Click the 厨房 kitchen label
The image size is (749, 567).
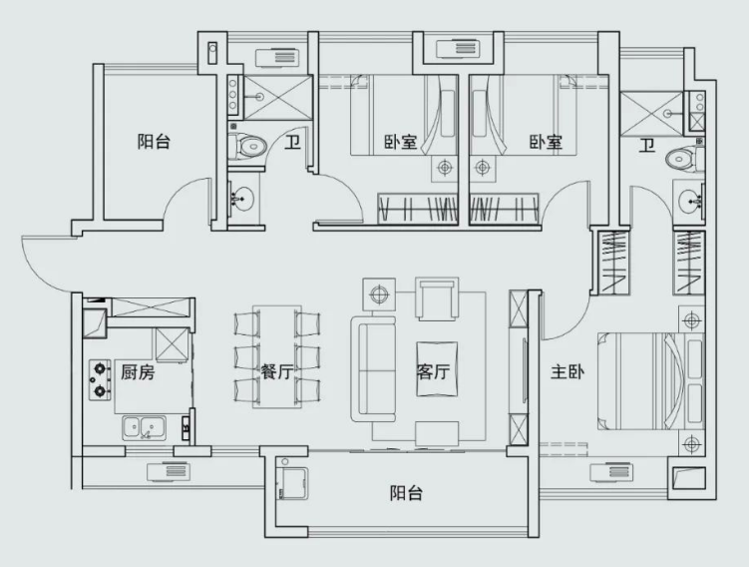(x=138, y=372)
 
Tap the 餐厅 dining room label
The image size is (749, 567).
(x=277, y=371)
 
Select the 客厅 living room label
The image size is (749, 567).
(x=433, y=371)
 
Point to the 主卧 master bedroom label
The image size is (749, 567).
(x=567, y=371)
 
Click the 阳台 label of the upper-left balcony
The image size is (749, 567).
(x=154, y=142)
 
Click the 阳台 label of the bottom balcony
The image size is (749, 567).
(x=406, y=493)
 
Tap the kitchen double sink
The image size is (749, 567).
(x=144, y=428)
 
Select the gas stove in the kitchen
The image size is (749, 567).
(x=100, y=379)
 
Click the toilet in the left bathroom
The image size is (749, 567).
(x=247, y=146)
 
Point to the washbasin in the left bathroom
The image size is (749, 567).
(x=242, y=197)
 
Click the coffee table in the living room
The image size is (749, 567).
(x=437, y=368)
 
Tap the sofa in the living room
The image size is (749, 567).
(x=374, y=368)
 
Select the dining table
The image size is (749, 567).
(x=277, y=356)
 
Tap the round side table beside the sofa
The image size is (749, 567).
(x=379, y=294)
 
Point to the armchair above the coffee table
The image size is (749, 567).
(x=437, y=299)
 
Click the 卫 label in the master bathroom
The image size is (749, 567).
(x=647, y=146)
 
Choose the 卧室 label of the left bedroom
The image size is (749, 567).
(x=401, y=142)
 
